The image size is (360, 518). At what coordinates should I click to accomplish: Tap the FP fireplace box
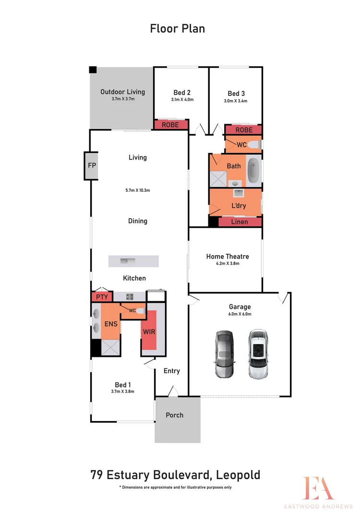92,165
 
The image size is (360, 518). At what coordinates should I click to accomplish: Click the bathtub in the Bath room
254,170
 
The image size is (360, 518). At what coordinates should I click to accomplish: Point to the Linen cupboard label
240,222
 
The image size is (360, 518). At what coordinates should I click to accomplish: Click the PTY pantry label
102,297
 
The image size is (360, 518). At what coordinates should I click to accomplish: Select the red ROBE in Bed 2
170,125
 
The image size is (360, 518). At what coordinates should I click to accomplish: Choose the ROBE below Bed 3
244,130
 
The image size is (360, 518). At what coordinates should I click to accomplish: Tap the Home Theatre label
228,257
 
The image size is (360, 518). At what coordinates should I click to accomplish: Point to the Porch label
174,415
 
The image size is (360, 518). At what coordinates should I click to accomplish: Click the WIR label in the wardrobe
148,332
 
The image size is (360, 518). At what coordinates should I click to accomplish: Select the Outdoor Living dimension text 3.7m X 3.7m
122,99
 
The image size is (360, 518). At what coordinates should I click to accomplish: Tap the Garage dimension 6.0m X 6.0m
240,314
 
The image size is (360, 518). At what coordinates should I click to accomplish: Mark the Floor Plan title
178,28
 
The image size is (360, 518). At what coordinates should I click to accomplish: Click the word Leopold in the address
238,475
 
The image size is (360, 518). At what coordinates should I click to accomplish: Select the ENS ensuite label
111,324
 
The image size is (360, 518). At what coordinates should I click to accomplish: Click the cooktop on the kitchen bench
130,296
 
